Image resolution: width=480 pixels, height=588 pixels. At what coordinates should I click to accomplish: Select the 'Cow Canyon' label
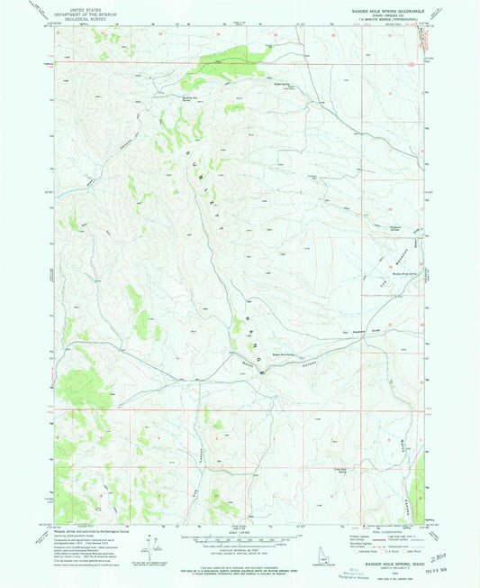pos(191,475)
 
